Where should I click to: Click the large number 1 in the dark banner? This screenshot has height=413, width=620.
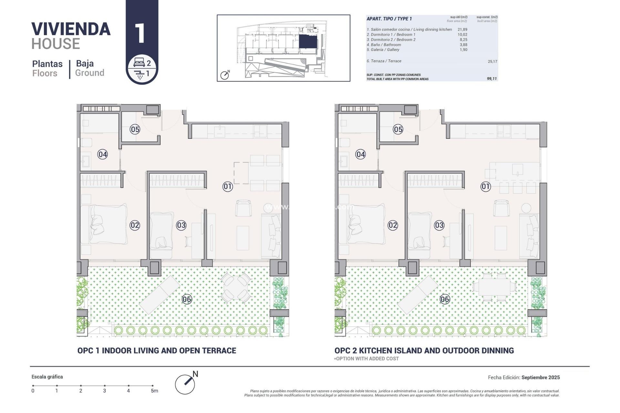pyautogui.click(x=140, y=33)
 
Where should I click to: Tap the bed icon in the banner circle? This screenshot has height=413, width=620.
pyautogui.click(x=139, y=62)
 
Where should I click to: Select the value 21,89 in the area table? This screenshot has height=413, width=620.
pyautogui.click(x=462, y=29)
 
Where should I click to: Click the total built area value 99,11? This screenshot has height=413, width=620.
pyautogui.click(x=492, y=79)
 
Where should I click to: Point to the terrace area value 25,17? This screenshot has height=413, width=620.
pyautogui.click(x=492, y=61)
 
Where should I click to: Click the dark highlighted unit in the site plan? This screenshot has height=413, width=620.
pyautogui.click(x=308, y=42)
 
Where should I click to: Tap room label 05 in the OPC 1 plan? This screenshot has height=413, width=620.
pyautogui.click(x=135, y=129)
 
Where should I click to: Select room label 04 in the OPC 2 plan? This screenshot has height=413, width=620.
pyautogui.click(x=360, y=154)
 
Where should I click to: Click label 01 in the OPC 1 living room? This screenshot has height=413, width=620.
pyautogui.click(x=227, y=186)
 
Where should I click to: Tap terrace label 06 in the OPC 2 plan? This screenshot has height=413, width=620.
pyautogui.click(x=444, y=299)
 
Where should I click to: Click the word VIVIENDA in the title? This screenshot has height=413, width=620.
pyautogui.click(x=71, y=29)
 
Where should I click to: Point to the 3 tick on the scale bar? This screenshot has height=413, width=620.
pyautogui.click(x=105, y=386)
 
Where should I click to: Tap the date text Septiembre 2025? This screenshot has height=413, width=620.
pyautogui.click(x=540, y=377)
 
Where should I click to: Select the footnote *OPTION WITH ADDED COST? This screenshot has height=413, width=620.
pyautogui.click(x=367, y=358)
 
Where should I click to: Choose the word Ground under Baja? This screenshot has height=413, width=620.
pyautogui.click(x=89, y=73)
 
